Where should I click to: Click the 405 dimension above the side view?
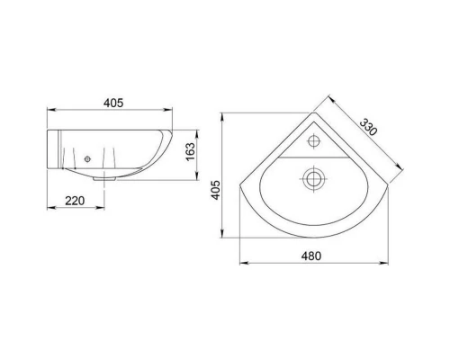(x=113, y=103)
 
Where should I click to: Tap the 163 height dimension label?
(x=191, y=151)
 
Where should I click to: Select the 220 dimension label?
(x=75, y=201)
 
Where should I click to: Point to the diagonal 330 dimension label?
(x=368, y=127)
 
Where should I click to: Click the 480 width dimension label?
(x=311, y=256)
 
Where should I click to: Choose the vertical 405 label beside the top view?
(x=216, y=190)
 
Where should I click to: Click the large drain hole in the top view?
(x=313, y=179)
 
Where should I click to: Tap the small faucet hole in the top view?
(x=314, y=141)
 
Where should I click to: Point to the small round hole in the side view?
(x=87, y=159)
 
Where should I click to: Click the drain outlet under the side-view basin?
(x=104, y=178)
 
